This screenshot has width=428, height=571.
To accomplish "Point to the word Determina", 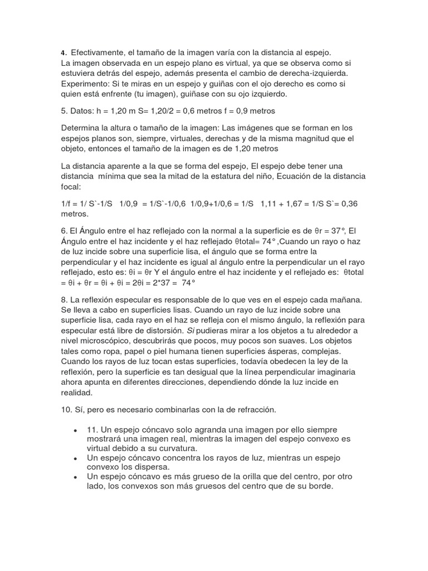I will coord(82,128).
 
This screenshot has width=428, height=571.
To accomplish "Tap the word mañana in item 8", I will coord(347,299).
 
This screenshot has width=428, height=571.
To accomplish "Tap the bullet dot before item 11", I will coord(75,431).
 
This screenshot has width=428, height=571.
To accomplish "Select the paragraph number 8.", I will coord(64,299).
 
